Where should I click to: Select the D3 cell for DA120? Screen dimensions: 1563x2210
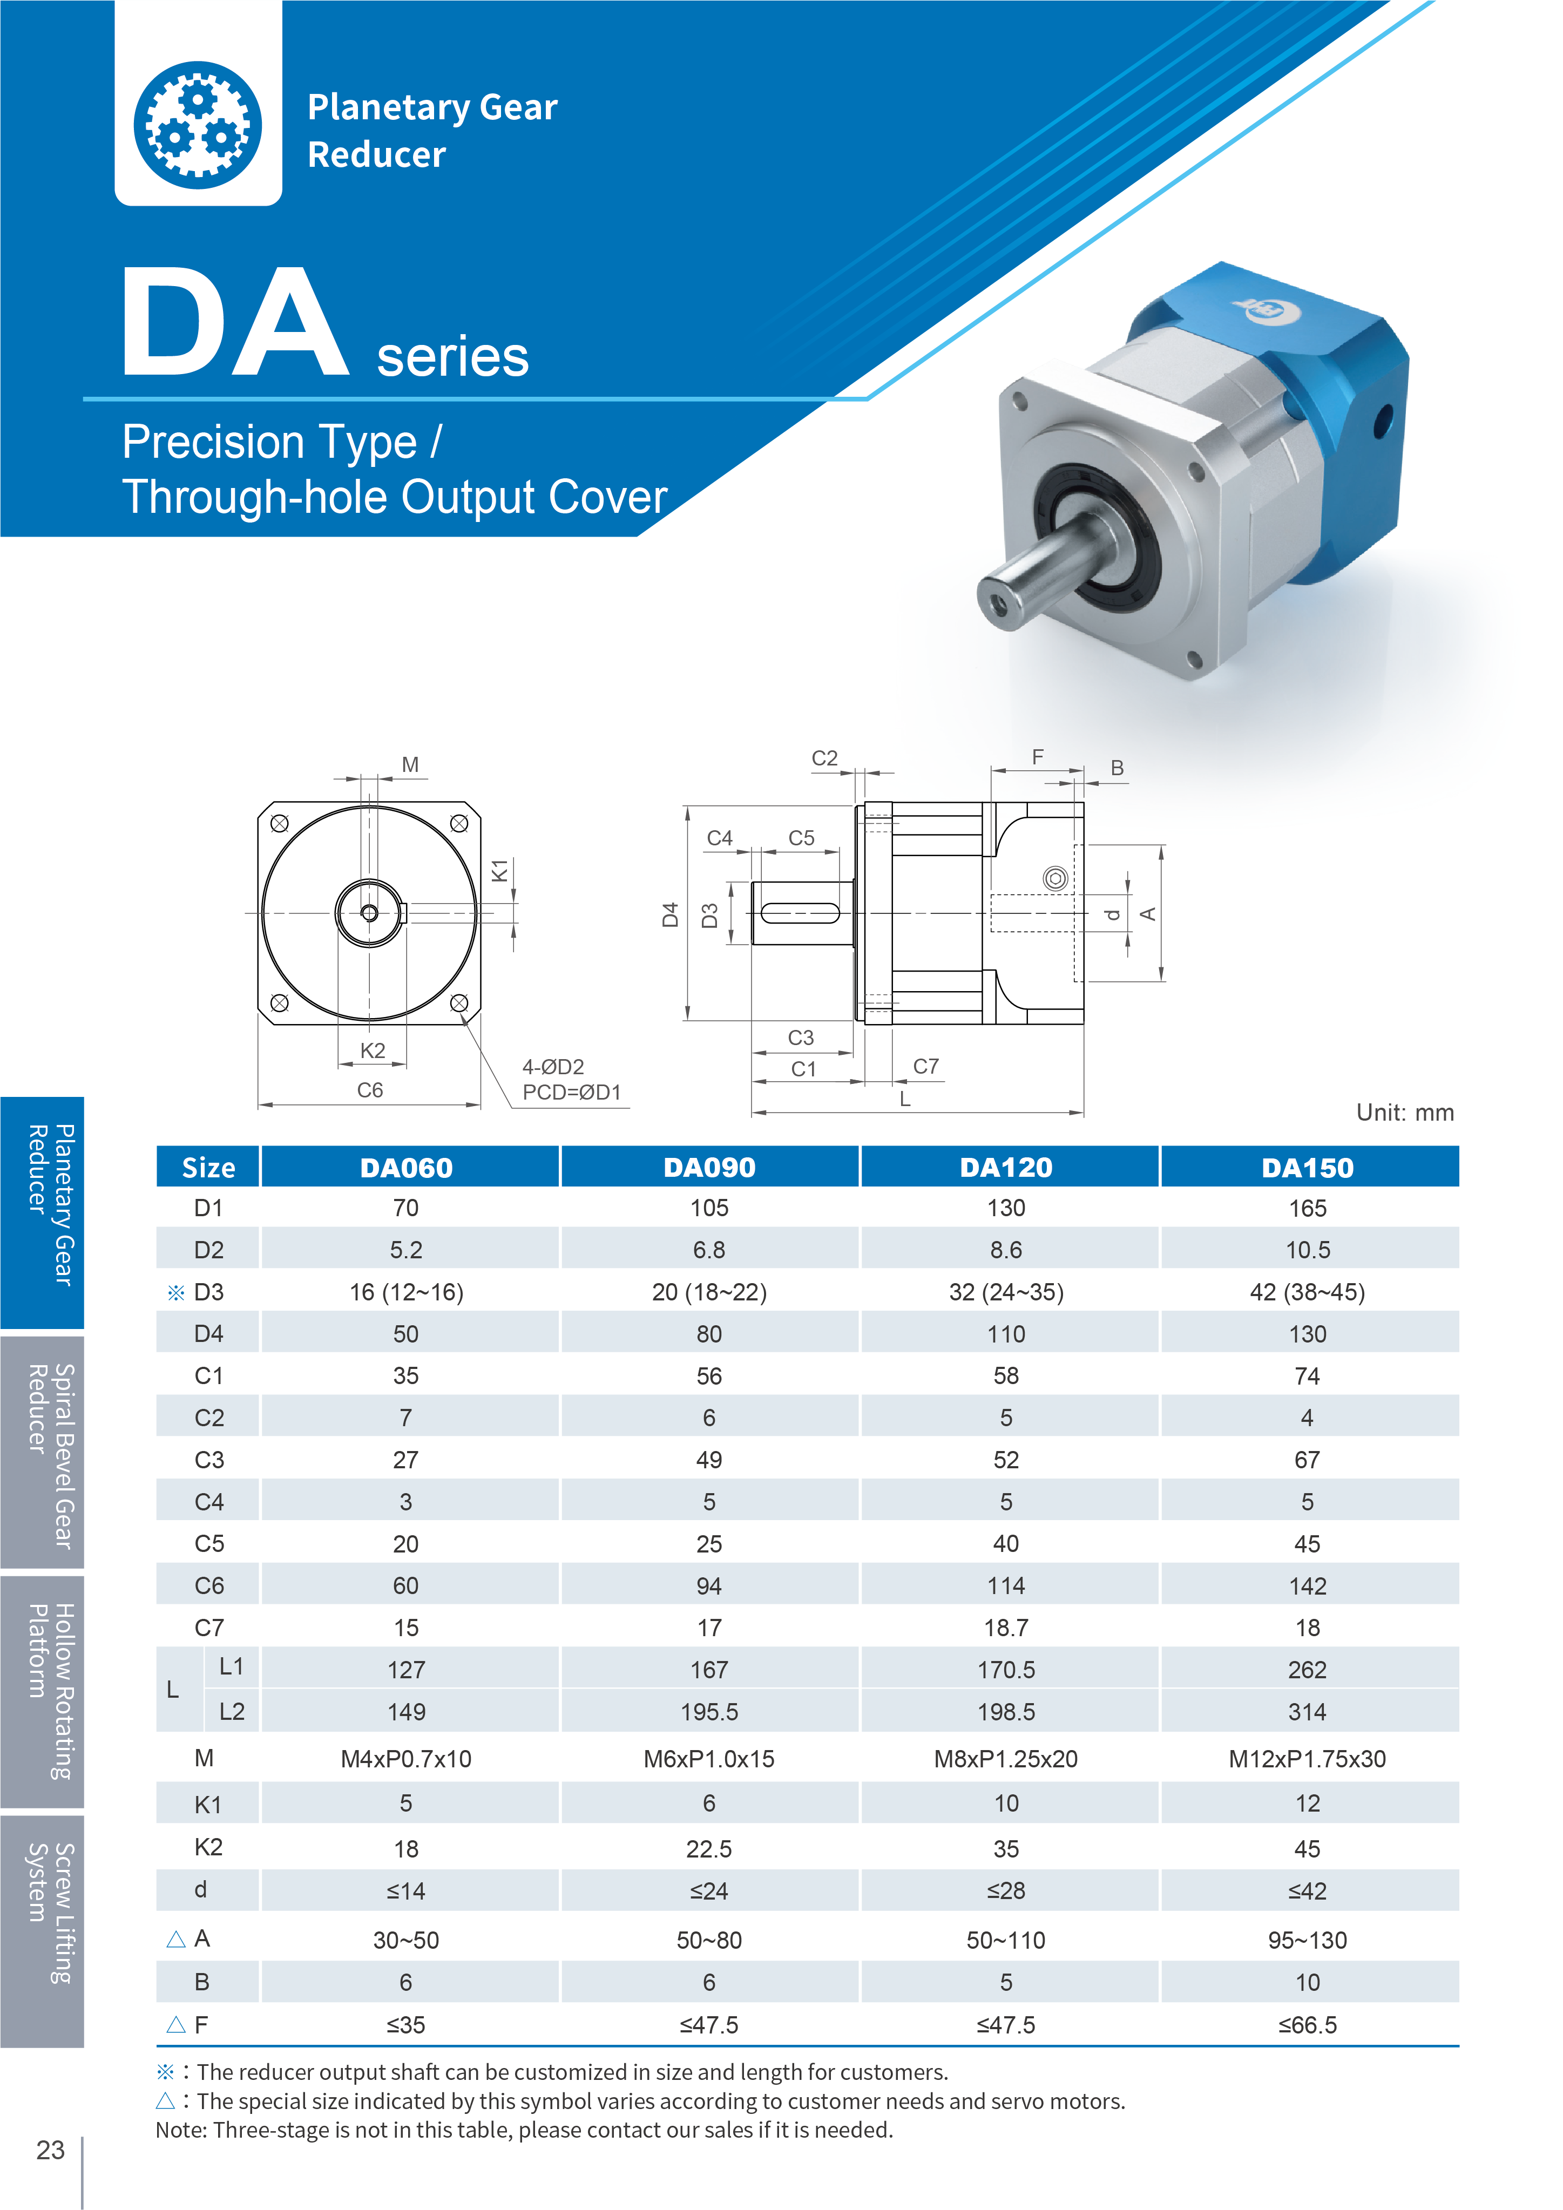[x=1006, y=1292]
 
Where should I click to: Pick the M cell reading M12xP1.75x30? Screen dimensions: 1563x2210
[x=1307, y=1759]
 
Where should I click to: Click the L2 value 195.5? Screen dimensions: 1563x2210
[x=709, y=1711]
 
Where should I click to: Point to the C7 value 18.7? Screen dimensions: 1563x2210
[x=1006, y=1628]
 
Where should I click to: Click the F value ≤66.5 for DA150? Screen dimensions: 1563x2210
[x=1307, y=2024]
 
